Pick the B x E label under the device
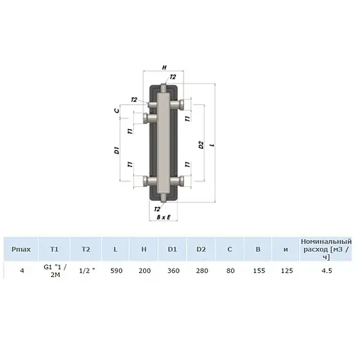coord(164,218)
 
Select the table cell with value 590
coord(115,270)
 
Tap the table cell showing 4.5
coord(325,270)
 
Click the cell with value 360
coord(172,270)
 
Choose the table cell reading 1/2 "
coord(86,270)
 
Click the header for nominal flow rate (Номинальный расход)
coord(325,249)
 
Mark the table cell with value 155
coord(257,270)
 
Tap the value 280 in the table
coord(201,270)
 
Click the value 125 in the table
coord(286,270)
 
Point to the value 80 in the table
coord(229,270)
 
